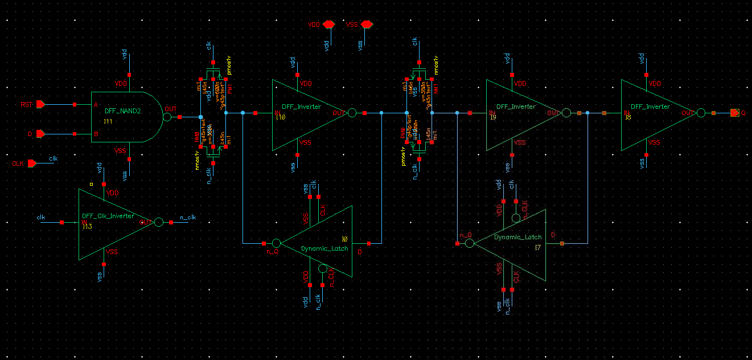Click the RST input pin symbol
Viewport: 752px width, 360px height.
tap(40, 105)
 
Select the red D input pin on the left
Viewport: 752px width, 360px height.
tap(40, 134)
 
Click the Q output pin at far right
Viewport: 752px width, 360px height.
tap(735, 113)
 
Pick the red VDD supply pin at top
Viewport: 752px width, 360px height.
tap(328, 25)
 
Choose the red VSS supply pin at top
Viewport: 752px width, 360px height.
tap(367, 25)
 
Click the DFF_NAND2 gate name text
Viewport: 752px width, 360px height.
tap(122, 112)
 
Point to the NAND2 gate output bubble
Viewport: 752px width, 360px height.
tap(167, 117)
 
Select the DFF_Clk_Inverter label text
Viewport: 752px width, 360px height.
tap(108, 216)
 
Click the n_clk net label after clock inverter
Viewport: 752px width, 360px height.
tap(187, 217)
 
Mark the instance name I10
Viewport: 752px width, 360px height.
tap(280, 117)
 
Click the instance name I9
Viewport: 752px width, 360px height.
tap(494, 117)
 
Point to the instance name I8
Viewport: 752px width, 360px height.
tap(628, 117)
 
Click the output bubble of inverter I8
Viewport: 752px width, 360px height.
tap(701, 113)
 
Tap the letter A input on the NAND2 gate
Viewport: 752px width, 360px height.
tap(96, 105)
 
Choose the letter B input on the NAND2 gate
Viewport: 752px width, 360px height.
tap(96, 134)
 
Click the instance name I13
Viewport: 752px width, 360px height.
tap(87, 226)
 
